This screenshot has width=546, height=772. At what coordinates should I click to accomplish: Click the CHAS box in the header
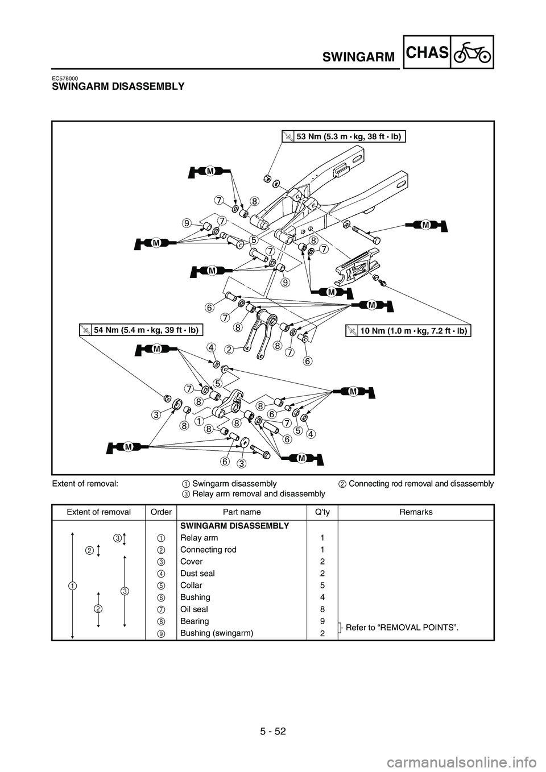(x=428, y=53)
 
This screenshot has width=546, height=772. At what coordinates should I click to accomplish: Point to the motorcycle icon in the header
(x=472, y=53)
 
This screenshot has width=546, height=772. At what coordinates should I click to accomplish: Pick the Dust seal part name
(x=197, y=574)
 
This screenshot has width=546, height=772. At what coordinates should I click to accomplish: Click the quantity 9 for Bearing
(x=322, y=621)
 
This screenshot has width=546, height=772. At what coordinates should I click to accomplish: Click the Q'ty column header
(x=322, y=512)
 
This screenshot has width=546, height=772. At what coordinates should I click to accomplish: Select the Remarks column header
(x=416, y=512)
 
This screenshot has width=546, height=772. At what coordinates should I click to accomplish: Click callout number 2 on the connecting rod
(x=228, y=348)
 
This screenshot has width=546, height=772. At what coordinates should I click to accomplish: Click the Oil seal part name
(x=194, y=609)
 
